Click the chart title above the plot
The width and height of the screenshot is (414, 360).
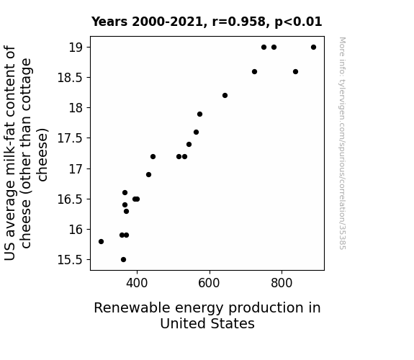coord(207,22)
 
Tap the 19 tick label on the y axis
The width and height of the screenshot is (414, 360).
coord(76,48)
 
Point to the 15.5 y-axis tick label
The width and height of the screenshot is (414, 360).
coord(70,260)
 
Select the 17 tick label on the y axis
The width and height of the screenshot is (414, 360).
coord(76,168)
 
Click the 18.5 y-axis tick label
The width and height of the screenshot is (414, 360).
coord(70,78)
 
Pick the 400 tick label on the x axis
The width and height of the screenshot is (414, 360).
coord(137,283)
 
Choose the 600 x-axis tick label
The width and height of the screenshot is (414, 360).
coord(210,283)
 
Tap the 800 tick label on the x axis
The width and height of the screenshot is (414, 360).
coord(282,283)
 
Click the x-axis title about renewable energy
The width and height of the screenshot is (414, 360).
coord(207,315)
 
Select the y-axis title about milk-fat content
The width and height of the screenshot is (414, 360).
coord(26,153)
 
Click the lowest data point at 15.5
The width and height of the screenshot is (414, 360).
coord(123,260)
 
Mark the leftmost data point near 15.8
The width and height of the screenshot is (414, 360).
coord(101,241)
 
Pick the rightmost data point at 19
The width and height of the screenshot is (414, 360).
coord(313,48)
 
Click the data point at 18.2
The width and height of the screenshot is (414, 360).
coord(225,95)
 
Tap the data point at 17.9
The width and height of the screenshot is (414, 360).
coord(199,114)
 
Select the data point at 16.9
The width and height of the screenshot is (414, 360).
coord(148,174)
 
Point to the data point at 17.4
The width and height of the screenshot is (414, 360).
coord(189,144)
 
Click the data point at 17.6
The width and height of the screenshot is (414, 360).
coord(196,132)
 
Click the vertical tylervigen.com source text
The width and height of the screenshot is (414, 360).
coord(343,143)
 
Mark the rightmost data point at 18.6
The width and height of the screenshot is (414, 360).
coord(295,71)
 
